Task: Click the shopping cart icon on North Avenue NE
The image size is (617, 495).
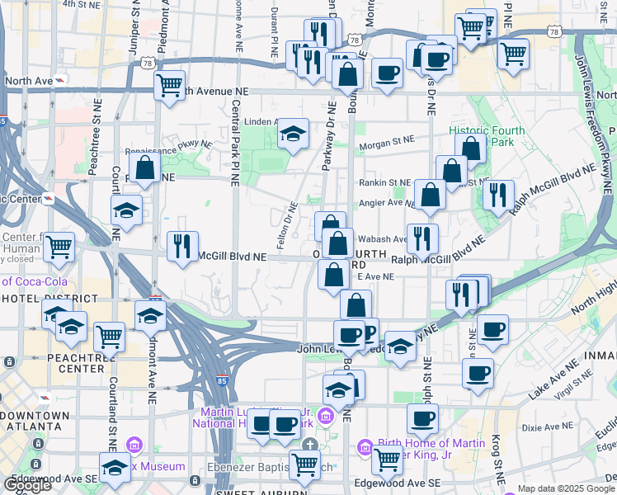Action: point(170,83)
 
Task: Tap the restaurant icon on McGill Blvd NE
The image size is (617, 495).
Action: point(182,245)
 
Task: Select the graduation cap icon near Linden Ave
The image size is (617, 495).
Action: point(292,134)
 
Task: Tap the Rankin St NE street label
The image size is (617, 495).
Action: point(384,182)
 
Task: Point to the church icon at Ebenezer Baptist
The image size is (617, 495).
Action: point(309,445)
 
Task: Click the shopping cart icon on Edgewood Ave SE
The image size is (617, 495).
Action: point(386,460)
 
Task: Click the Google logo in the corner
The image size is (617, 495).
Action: point(26,485)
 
